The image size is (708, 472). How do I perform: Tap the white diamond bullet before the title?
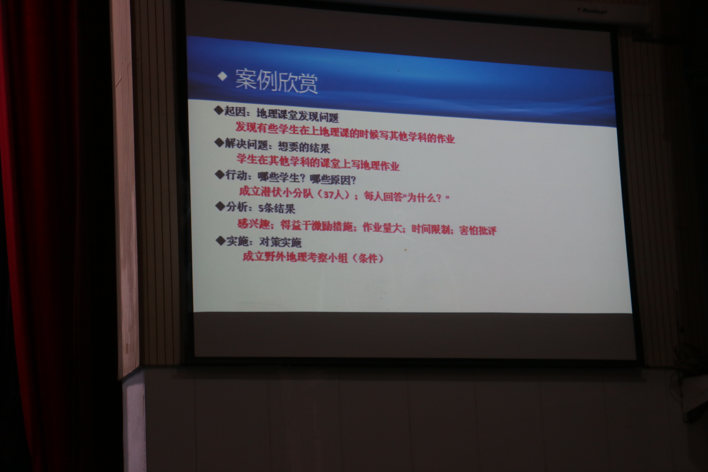222,77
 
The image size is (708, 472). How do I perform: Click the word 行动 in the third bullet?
236,175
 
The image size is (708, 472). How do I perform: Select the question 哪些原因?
333,180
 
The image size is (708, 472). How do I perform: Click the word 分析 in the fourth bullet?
237,207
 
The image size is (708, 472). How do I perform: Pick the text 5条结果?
277,209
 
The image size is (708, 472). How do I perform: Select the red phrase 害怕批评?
478,230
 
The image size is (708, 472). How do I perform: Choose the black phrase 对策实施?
280,242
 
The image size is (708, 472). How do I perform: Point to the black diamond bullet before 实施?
221,241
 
